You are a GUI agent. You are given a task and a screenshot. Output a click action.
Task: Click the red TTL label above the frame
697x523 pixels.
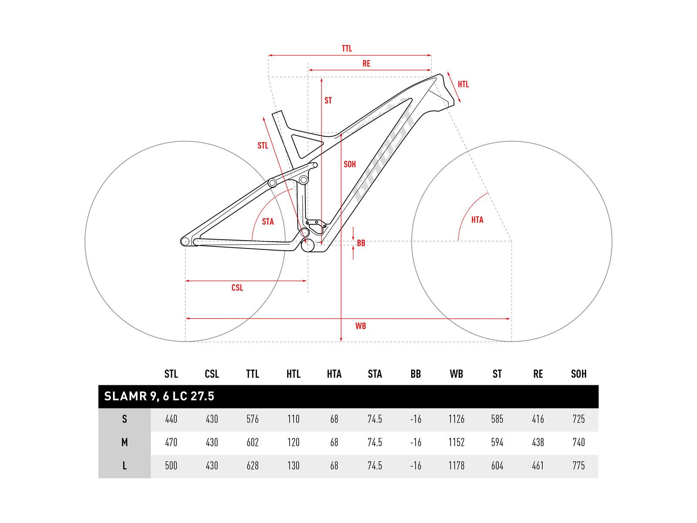(x=347, y=48)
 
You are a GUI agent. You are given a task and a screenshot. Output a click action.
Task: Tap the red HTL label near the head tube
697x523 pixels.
(x=463, y=84)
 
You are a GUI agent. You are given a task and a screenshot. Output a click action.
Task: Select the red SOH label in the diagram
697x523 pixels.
(x=350, y=164)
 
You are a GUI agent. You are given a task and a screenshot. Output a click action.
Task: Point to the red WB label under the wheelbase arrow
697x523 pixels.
(x=360, y=326)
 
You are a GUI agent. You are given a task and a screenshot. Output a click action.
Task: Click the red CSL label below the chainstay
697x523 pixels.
(x=237, y=288)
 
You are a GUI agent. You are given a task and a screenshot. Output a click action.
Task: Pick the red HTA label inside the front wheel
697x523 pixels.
(x=477, y=220)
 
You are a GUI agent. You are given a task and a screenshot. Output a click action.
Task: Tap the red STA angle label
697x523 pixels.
(x=268, y=221)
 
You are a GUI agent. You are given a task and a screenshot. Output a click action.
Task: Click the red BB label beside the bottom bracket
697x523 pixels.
(x=361, y=243)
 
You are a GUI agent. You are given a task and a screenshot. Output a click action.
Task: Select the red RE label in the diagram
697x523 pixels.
(x=366, y=64)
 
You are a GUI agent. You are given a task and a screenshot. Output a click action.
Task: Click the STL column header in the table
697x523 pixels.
(x=171, y=374)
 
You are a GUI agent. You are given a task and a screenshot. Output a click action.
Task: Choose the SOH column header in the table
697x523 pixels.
(x=579, y=374)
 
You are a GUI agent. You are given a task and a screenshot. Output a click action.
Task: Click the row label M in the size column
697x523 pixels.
(x=125, y=442)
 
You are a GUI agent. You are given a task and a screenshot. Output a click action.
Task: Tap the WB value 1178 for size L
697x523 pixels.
(x=456, y=465)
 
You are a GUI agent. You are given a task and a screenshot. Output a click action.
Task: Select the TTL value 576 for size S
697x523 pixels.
(x=253, y=419)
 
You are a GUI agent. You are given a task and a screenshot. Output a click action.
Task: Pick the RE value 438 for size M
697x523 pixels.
(x=538, y=442)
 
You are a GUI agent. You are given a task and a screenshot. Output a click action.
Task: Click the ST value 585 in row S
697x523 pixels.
(x=497, y=419)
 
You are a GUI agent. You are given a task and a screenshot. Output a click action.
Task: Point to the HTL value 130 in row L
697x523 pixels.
(x=293, y=465)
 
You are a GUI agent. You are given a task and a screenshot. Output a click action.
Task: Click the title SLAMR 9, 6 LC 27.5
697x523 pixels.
(x=159, y=396)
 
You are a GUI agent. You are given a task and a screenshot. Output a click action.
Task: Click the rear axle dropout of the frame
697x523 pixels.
(x=185, y=241)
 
